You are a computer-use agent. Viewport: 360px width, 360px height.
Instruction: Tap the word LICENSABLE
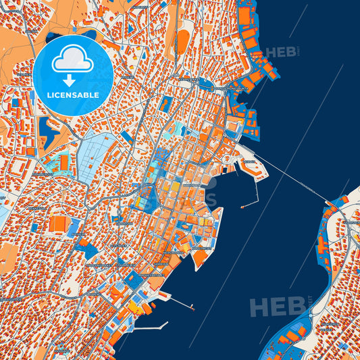pos(72,94)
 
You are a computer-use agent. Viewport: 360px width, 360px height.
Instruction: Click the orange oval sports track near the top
pos(182,42)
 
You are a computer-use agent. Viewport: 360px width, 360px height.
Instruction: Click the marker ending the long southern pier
pos(193,309)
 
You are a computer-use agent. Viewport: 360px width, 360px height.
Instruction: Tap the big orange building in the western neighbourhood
pos(59,223)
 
